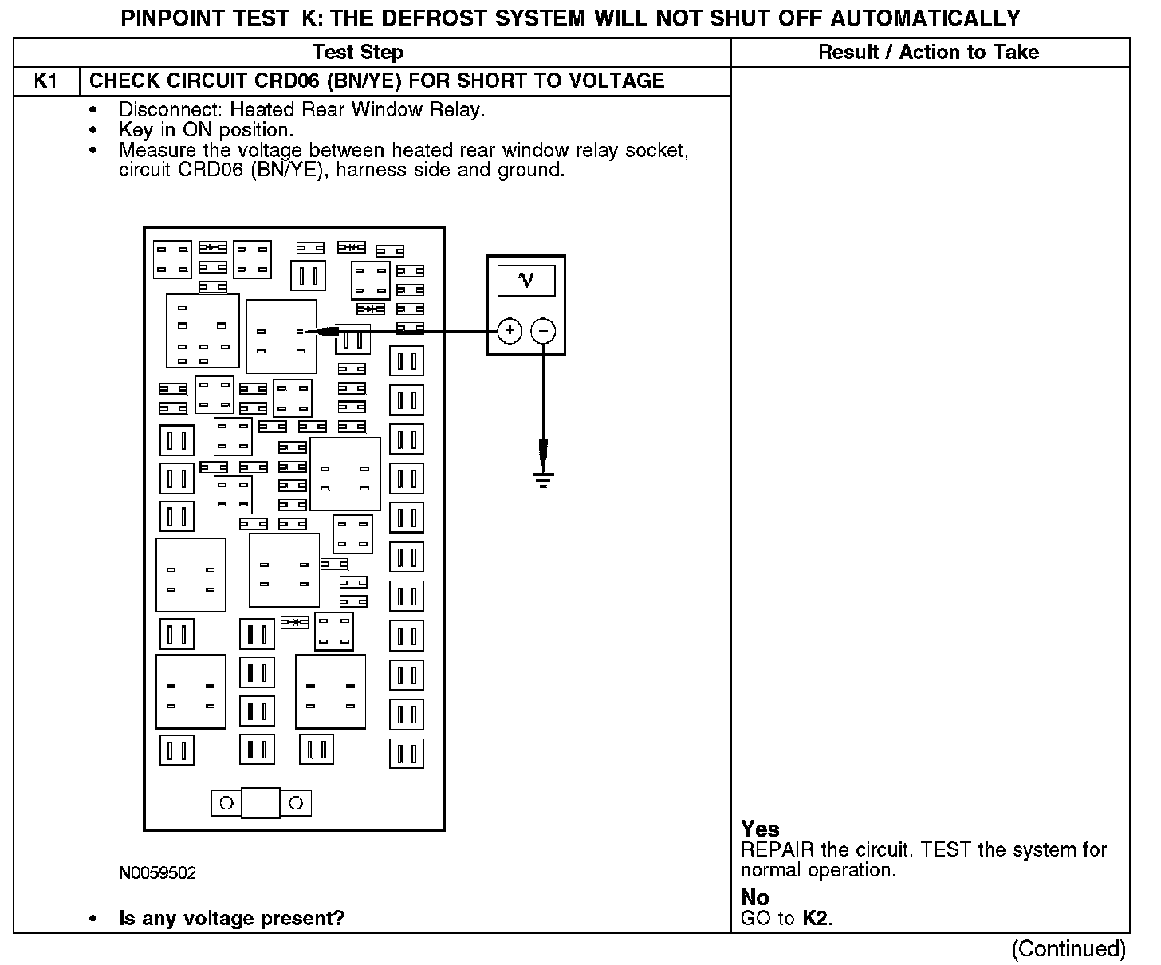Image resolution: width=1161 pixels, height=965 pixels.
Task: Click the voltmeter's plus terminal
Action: click(510, 330)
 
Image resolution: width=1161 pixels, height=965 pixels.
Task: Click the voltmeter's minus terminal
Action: click(543, 330)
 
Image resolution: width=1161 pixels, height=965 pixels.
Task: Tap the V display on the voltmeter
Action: click(526, 281)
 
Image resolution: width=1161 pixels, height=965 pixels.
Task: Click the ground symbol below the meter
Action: click(543, 479)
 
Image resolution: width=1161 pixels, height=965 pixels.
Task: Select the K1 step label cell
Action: click(46, 81)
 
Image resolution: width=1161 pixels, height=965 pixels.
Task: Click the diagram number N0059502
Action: click(157, 872)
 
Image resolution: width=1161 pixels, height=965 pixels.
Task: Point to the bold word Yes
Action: click(760, 829)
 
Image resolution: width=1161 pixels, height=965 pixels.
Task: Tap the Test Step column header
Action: click(357, 53)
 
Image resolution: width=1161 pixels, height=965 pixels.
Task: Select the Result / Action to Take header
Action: click(928, 53)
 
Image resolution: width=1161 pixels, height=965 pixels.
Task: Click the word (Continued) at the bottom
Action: click(1069, 948)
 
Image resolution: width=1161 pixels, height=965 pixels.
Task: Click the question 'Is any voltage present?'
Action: click(231, 918)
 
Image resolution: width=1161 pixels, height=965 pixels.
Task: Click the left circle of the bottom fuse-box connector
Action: click(226, 803)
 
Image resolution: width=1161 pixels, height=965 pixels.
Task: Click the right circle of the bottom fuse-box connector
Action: click(295, 803)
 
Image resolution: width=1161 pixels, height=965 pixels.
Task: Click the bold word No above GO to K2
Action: click(754, 897)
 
